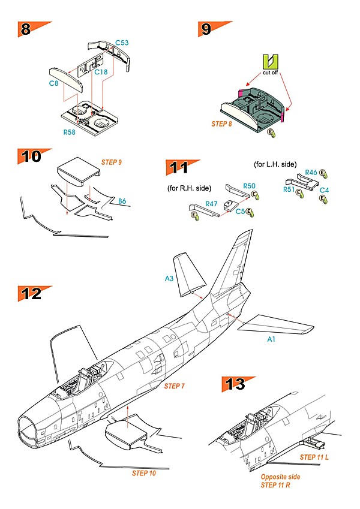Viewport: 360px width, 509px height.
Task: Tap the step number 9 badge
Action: click(x=206, y=29)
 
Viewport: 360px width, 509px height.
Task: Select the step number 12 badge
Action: click(x=31, y=294)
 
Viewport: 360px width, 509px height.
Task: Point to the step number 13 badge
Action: click(x=236, y=384)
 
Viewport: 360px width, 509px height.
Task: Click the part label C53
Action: click(x=122, y=44)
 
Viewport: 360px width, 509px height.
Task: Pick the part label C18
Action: click(x=101, y=72)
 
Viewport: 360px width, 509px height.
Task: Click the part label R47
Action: click(x=211, y=204)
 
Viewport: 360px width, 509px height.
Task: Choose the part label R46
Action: click(x=311, y=173)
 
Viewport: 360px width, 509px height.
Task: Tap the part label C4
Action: click(x=324, y=189)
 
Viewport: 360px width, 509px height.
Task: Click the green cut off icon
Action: click(x=271, y=61)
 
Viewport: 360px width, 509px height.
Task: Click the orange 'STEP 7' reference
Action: click(x=175, y=386)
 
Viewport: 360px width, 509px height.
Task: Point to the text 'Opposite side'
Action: click(x=281, y=477)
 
